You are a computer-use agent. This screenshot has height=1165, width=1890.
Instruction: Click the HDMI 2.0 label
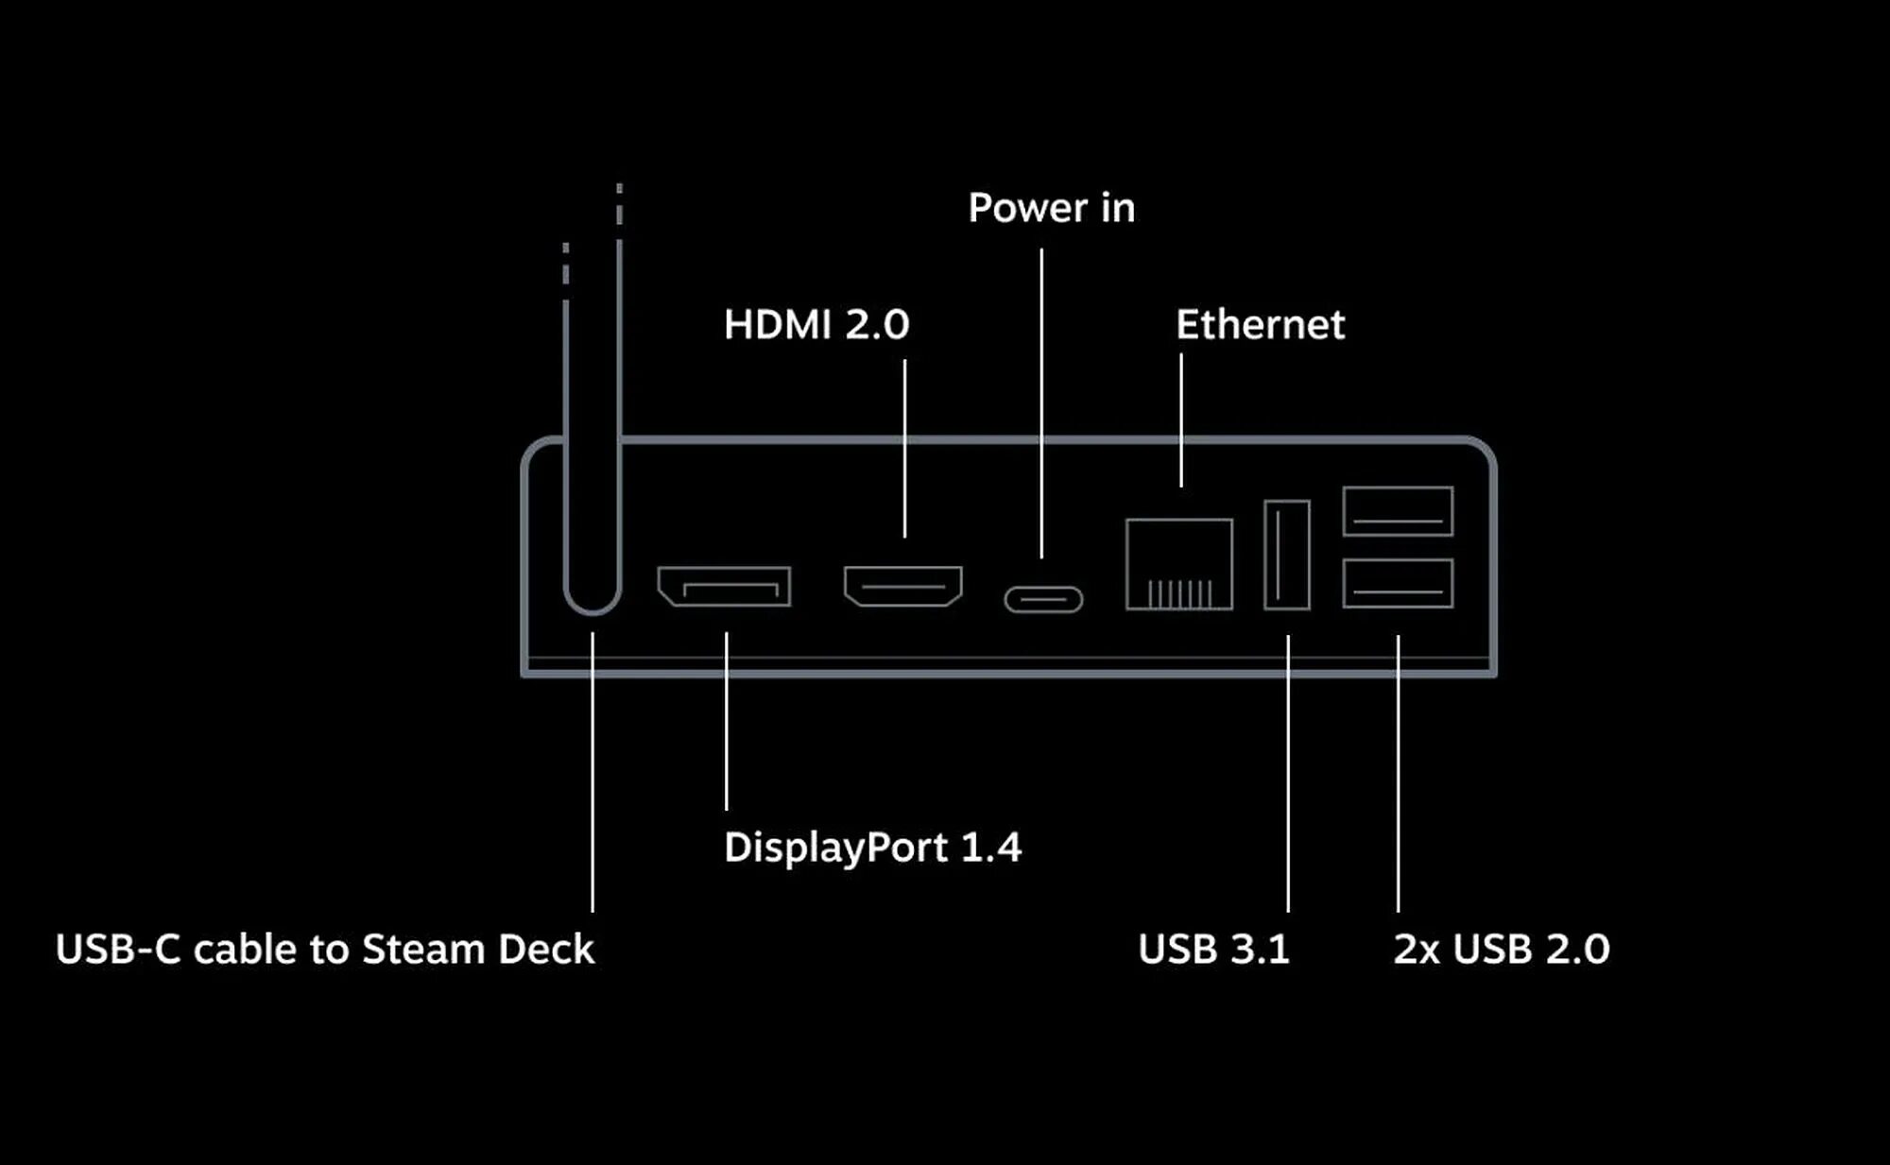pos(816,325)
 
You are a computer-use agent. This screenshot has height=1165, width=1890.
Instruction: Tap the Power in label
pos(1051,208)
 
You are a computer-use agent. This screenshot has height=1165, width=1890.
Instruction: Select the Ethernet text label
pos(1260,325)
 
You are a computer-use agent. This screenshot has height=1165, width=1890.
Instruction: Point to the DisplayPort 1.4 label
pos(872,848)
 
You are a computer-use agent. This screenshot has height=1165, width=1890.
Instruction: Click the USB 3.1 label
pos(1213,950)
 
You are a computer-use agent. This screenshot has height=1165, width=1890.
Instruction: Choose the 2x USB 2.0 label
pos(1501,950)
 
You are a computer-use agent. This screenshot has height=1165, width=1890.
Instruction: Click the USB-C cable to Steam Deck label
pos(325,950)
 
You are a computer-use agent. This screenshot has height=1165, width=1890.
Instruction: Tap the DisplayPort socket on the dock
pos(725,587)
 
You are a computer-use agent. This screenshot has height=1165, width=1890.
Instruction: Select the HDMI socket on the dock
pos(903,586)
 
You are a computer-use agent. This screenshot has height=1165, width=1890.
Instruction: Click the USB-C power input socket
pos(1043,599)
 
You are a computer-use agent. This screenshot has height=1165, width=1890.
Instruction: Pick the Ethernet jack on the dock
pos(1179,563)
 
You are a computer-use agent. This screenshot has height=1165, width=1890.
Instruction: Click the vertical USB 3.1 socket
pos(1287,555)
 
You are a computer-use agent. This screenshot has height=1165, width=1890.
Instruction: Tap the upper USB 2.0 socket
pos(1398,511)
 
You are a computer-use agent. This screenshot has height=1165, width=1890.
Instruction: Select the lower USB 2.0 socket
pos(1398,583)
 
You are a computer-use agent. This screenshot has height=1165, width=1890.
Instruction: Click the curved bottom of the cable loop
pos(593,608)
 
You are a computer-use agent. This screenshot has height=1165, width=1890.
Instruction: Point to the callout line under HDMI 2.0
pos(904,449)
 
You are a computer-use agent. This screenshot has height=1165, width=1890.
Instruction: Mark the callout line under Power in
pos(1041,402)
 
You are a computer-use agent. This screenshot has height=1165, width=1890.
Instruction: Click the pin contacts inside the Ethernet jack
pos(1179,593)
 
